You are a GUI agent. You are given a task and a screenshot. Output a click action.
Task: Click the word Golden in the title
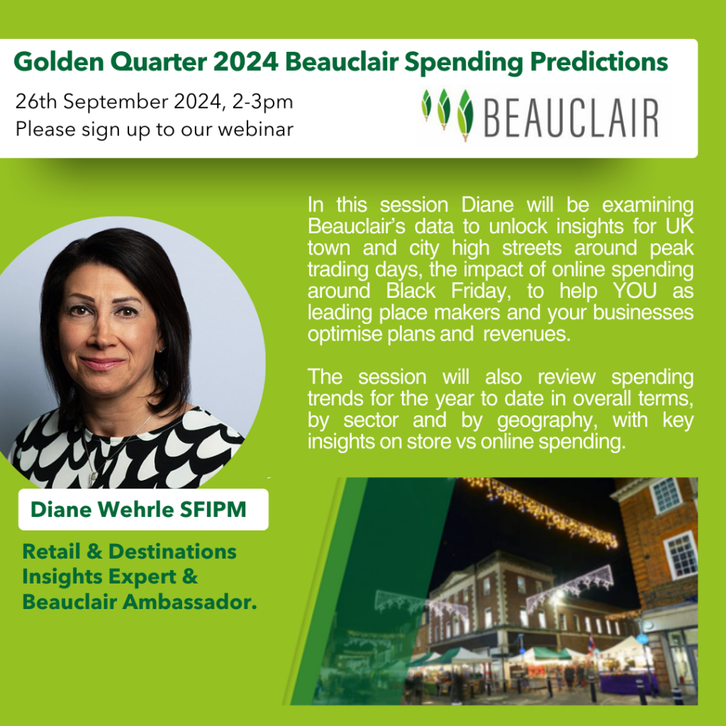[59, 62]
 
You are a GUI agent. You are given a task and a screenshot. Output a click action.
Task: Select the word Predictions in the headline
[598, 62]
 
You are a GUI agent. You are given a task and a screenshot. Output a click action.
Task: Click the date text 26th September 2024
[118, 102]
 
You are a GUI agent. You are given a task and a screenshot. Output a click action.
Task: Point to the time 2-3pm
[262, 102]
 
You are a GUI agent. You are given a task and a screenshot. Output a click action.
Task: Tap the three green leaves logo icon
[447, 114]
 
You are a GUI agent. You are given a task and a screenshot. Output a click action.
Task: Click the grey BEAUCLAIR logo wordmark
[571, 118]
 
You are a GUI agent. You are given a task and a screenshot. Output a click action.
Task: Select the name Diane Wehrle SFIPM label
[138, 509]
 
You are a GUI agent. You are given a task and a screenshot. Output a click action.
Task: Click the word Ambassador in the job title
[189, 602]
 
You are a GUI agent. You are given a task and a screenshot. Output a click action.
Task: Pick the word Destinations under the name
[172, 552]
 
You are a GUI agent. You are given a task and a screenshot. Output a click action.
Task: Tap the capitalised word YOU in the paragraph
[635, 291]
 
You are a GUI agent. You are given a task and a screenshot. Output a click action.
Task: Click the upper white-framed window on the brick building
[665, 496]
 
